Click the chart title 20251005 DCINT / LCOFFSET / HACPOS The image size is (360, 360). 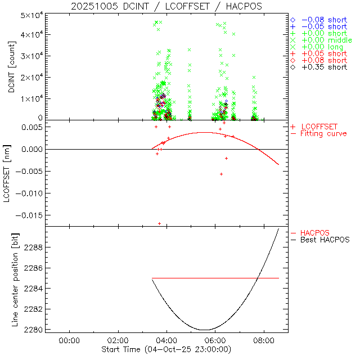(166, 6)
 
